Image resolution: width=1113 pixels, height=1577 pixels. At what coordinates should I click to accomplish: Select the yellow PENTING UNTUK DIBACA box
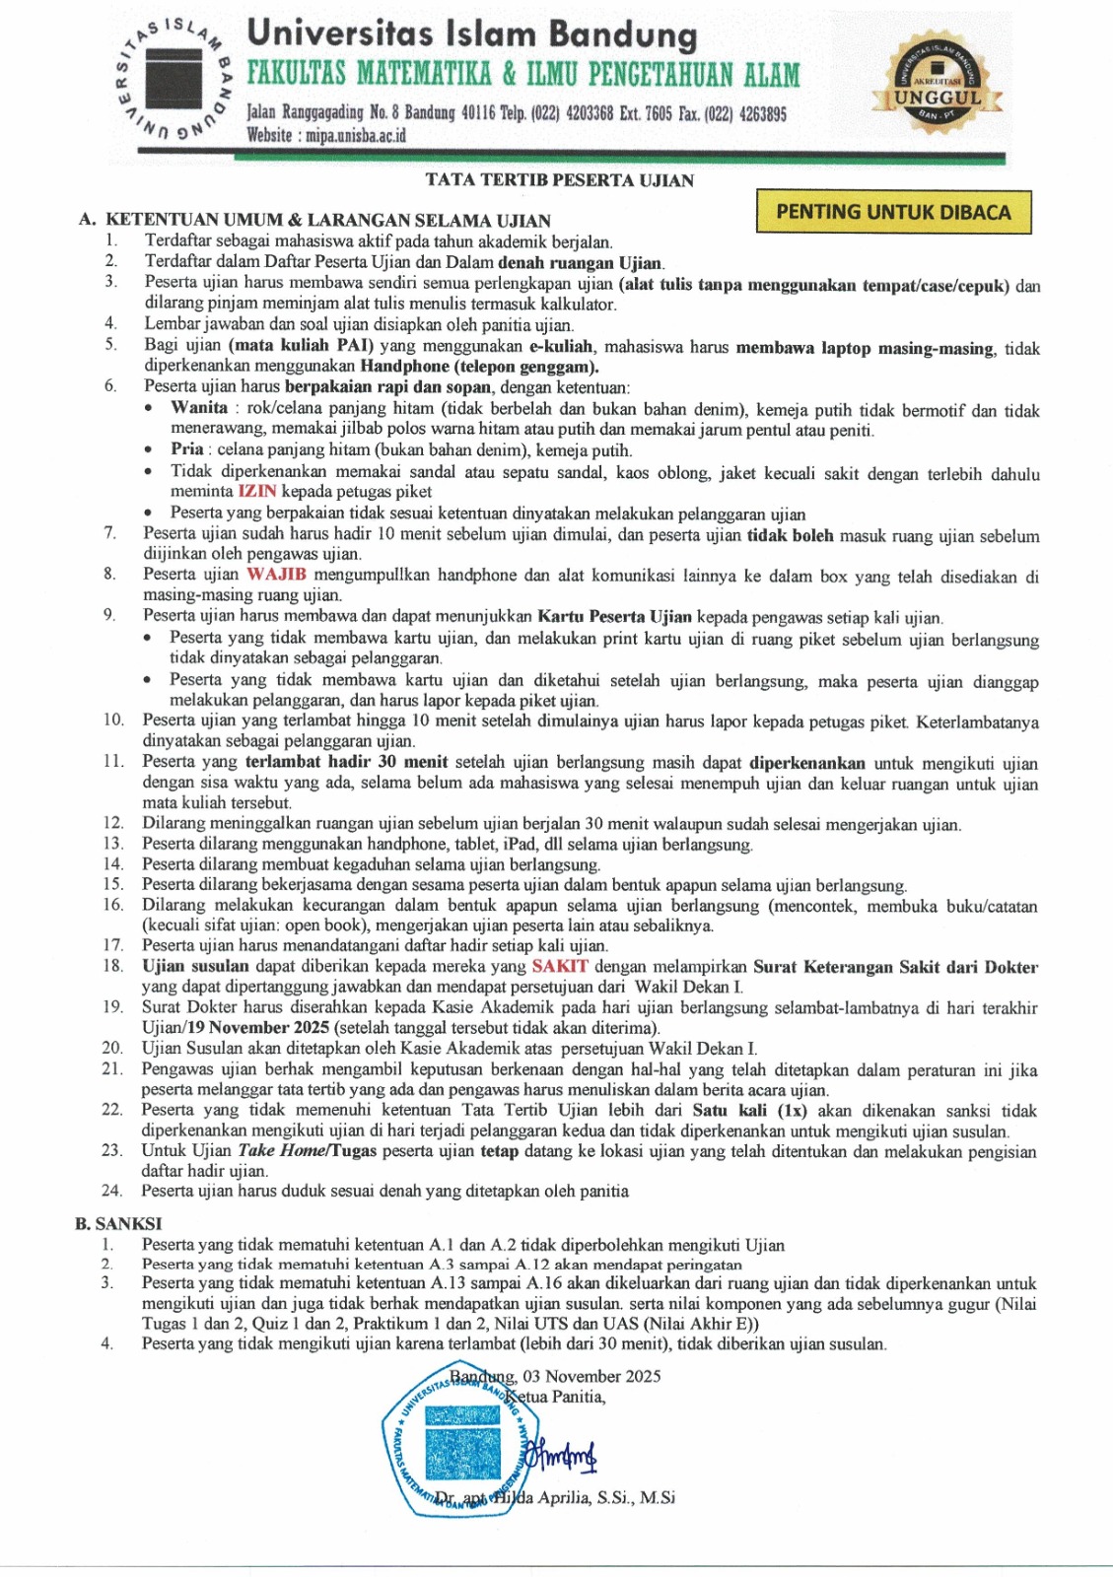(893, 212)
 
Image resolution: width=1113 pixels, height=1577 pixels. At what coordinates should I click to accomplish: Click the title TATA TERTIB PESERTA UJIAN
(559, 180)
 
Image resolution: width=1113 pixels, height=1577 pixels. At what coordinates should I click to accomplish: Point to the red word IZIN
(257, 491)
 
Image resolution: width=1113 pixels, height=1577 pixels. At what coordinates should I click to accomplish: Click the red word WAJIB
(276, 574)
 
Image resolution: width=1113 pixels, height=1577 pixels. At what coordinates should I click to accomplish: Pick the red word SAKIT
(560, 966)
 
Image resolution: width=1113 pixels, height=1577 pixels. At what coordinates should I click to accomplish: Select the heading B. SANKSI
(118, 1223)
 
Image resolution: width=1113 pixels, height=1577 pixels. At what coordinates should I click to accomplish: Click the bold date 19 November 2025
(258, 1027)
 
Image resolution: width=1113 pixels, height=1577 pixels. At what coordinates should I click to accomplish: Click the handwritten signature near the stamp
(561, 1454)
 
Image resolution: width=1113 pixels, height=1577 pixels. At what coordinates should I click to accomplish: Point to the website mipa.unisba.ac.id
(326, 136)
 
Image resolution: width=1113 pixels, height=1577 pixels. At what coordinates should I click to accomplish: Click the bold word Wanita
(199, 407)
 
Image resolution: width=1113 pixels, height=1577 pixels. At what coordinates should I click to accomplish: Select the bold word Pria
(187, 448)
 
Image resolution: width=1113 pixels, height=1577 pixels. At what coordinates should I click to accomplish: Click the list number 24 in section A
(111, 1191)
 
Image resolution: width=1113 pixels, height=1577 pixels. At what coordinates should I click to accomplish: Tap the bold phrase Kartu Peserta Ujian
(614, 617)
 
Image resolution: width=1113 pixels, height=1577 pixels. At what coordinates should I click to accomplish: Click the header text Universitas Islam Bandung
(472, 34)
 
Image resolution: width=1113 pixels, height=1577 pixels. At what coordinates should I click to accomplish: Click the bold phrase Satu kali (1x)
(749, 1110)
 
